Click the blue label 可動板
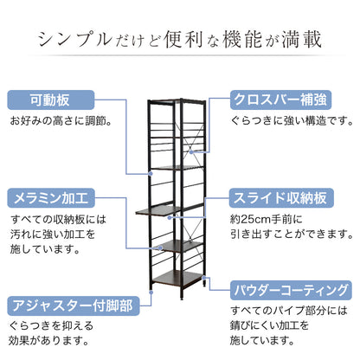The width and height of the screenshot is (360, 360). coord(51,100)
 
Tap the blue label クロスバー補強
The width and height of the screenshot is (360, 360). coord(280,100)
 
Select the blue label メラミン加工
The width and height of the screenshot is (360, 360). coord(51,198)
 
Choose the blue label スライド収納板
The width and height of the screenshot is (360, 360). coord(281,198)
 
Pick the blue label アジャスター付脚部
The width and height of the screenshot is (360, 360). coord(74,305)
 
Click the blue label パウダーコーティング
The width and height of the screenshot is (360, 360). coord(291,290)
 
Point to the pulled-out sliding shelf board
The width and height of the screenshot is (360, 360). coord(158,211)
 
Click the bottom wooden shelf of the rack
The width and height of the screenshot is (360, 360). coord(177,279)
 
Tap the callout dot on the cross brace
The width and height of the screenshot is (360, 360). coord(191,151)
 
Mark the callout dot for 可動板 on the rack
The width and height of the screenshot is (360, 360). coord(151,174)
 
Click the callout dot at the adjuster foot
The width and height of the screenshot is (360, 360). coord(151,292)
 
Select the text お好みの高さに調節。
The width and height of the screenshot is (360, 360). coord(61,121)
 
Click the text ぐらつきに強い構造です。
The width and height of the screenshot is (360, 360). coord(292,121)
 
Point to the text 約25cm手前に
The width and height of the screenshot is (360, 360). coord(266,219)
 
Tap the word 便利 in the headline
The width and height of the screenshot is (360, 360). coord(183,39)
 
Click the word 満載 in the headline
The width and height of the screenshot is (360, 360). coord(301,39)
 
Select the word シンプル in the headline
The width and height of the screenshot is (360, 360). coord(75,39)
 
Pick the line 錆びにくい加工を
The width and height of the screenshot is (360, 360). coord(269,325)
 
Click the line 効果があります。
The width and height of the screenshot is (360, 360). coord(48,341)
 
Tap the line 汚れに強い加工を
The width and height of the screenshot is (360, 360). coord(53,235)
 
